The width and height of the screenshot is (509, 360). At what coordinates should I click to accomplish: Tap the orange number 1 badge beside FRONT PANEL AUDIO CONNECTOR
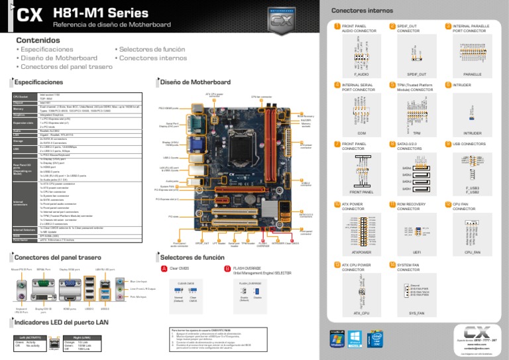337,27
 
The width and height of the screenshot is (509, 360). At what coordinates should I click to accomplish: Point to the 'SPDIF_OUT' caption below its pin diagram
412,75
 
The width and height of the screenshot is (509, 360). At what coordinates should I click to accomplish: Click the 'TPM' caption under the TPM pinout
412,133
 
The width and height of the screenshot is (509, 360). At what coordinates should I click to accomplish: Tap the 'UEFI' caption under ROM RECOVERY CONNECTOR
412,252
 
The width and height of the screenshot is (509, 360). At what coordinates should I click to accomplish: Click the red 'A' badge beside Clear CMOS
164,269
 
